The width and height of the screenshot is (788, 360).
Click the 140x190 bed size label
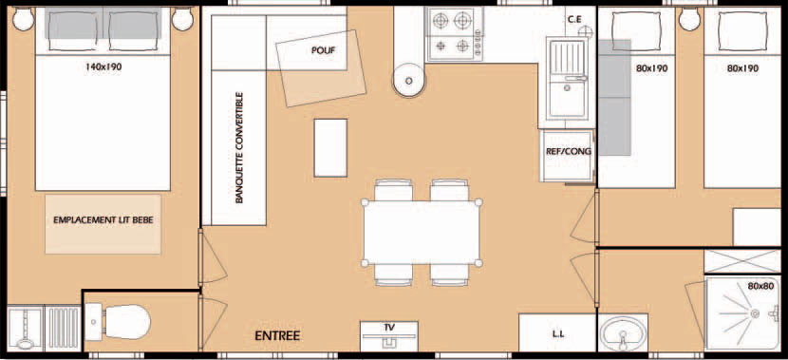103,66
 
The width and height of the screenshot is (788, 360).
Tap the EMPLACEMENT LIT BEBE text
103,219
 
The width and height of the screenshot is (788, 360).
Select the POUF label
323,50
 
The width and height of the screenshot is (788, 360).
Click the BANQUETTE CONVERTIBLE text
239,148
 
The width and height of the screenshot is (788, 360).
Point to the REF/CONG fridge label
569,151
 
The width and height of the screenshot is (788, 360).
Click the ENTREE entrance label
277,336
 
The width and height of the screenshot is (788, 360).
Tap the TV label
389,328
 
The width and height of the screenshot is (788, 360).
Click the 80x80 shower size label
760,287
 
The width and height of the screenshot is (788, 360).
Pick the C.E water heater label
575,20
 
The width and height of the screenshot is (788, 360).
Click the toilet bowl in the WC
126,322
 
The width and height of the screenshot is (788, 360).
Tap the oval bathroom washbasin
623,332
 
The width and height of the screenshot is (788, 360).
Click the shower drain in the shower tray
755,313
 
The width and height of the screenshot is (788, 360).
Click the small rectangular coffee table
330,148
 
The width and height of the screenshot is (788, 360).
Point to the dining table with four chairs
422,233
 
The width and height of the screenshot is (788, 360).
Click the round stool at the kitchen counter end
408,80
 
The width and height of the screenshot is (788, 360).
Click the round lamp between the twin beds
689,19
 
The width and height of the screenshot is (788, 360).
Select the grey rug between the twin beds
614,98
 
